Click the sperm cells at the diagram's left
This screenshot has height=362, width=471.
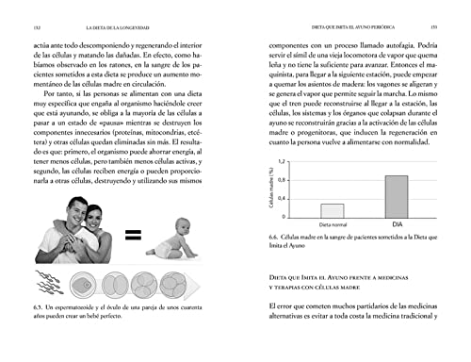(44, 284)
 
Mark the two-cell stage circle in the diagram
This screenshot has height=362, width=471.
(118, 284)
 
